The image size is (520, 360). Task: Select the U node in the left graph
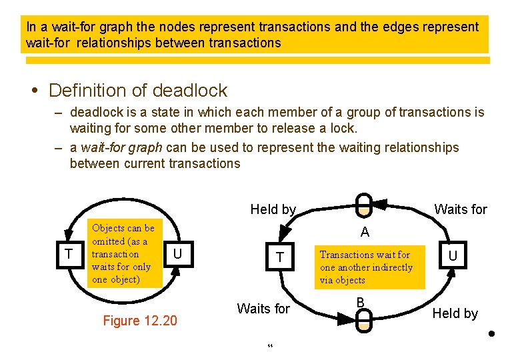(x=177, y=254)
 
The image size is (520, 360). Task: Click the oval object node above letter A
(x=364, y=204)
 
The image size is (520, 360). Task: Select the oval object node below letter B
(x=363, y=321)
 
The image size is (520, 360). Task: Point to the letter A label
(x=365, y=233)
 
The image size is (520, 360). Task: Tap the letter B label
(x=360, y=303)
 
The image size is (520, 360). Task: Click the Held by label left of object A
(x=273, y=209)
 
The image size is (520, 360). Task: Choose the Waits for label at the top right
(x=461, y=209)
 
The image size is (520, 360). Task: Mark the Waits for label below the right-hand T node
(x=263, y=309)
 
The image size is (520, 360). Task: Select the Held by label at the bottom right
(x=455, y=313)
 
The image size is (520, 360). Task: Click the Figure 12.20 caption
(x=140, y=321)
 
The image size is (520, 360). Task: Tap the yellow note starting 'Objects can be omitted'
(x=124, y=253)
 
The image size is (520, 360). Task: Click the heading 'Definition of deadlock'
(x=138, y=90)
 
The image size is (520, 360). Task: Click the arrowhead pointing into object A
(x=379, y=203)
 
